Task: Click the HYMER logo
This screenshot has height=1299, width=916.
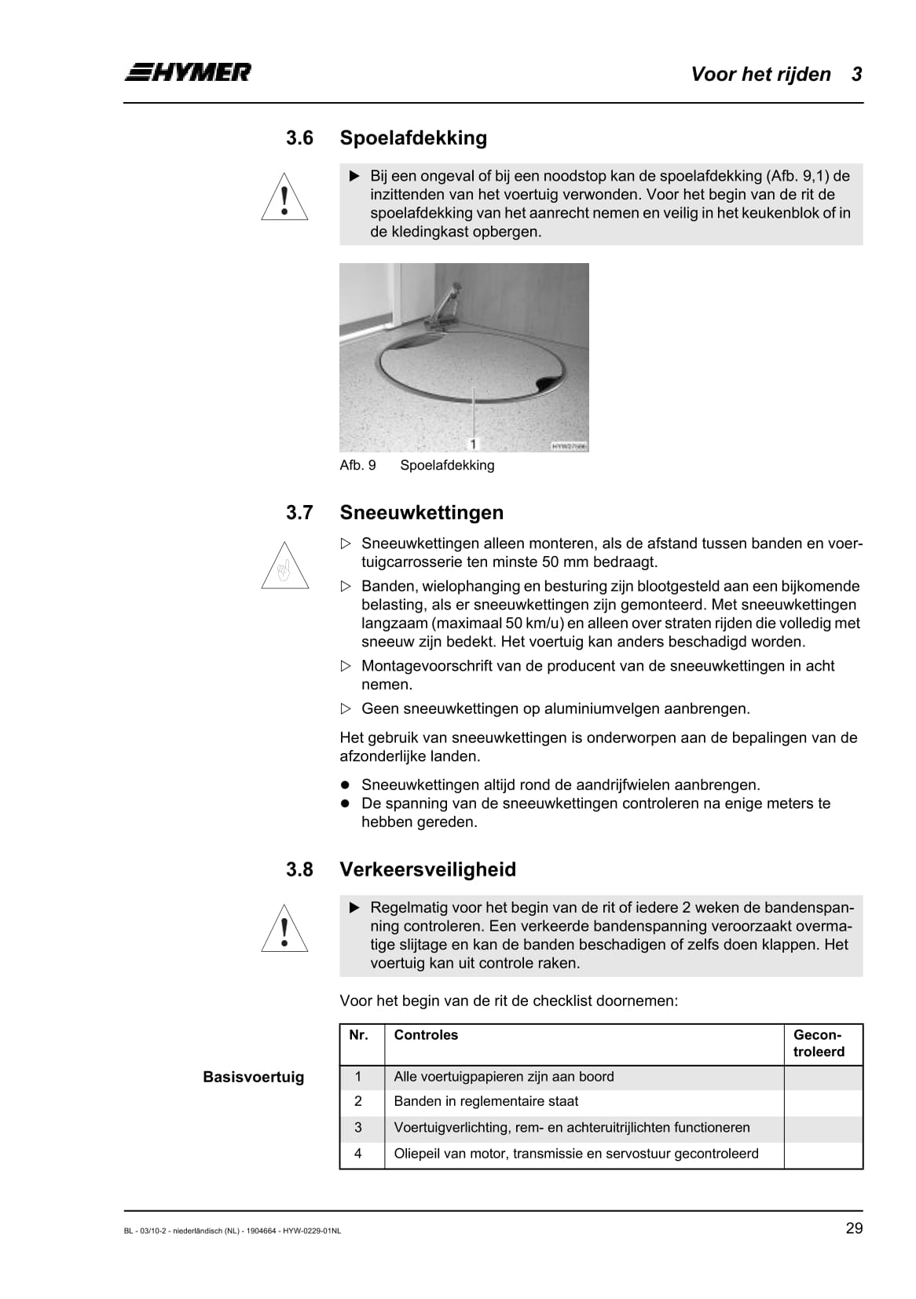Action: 188,72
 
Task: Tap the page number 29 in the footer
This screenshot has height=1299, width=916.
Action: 854,1228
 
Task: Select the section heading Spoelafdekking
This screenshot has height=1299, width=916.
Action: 413,138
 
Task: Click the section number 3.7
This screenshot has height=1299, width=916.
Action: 299,513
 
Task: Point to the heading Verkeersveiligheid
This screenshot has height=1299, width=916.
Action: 428,869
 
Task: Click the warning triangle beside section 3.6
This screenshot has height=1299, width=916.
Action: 284,197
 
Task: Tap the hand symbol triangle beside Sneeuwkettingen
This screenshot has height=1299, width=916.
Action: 284,567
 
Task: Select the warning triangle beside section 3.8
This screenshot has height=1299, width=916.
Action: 284,929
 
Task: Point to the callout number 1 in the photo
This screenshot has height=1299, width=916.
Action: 473,445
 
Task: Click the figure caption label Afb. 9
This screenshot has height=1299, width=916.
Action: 357,465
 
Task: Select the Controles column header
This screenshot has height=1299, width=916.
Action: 426,1035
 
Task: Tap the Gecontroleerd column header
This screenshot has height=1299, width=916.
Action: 819,1044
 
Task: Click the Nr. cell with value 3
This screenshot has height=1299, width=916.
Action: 358,1128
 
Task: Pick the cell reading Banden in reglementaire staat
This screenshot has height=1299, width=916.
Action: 486,1102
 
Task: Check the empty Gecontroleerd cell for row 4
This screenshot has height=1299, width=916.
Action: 823,1154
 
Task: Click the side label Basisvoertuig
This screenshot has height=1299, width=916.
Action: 253,1078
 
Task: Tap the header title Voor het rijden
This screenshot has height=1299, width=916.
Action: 760,75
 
